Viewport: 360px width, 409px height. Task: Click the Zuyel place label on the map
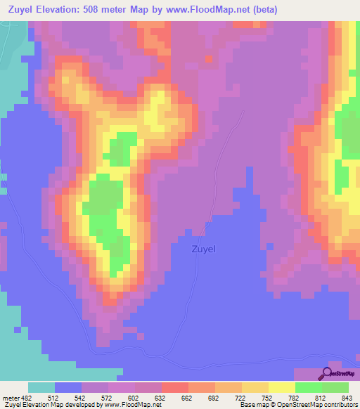[203, 248]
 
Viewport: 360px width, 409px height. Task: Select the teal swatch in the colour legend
[41, 387]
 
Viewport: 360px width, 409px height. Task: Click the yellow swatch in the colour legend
[281, 387]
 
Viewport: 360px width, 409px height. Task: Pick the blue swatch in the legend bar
[68, 387]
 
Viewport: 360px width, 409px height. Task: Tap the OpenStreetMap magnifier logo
[326, 373]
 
